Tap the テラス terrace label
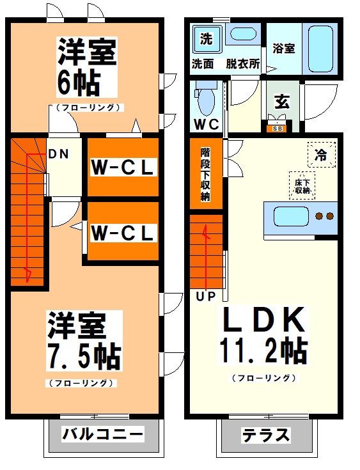point(266,436)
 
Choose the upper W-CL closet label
point(123,168)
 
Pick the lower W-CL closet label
point(123,233)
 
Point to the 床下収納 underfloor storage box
point(302,185)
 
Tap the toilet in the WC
point(205,100)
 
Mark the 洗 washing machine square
point(206,38)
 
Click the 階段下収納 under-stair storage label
point(205,175)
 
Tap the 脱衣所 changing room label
point(242,64)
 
